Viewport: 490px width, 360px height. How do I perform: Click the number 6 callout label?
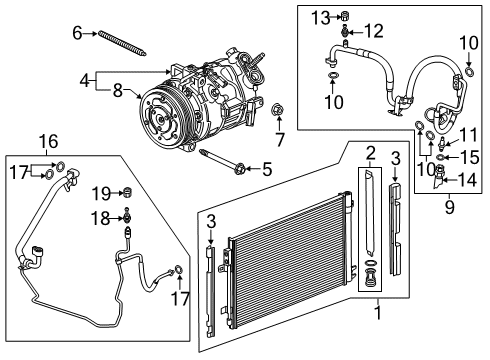click(77, 33)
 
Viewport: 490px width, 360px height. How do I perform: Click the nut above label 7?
click(279, 109)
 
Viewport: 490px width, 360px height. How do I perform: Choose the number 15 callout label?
click(471, 156)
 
